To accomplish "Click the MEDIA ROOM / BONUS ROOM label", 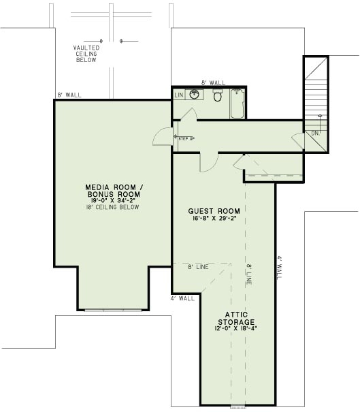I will point(113,191).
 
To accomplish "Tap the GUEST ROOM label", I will point(214,212).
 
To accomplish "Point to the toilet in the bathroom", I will point(218,97).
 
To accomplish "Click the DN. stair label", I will point(316,133).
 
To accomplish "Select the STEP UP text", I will point(186,139).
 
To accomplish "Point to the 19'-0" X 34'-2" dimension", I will point(113,201).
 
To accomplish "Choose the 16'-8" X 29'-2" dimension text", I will point(214,219).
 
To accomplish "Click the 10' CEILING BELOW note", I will point(113,207).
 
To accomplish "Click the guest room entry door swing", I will point(208,161).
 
